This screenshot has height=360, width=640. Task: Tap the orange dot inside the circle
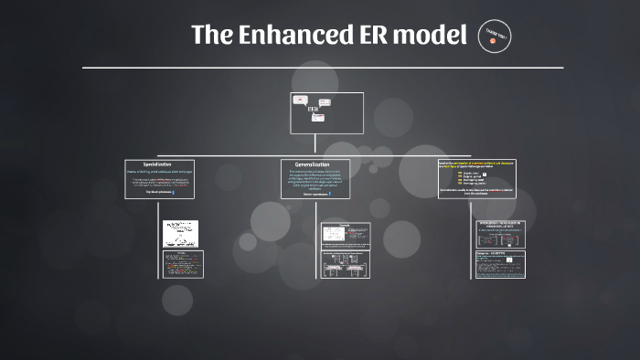(x=494, y=42)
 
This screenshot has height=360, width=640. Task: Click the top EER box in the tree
(x=327, y=112)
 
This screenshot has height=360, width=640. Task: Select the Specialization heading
(x=161, y=164)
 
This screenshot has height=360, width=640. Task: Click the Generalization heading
(x=315, y=164)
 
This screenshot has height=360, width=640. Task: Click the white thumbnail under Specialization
(x=180, y=234)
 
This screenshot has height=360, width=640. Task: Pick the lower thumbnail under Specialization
(x=183, y=264)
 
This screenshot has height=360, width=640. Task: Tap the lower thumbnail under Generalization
(x=344, y=264)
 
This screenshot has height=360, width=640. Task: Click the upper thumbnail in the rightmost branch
(x=501, y=234)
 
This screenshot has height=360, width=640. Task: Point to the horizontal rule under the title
(x=322, y=68)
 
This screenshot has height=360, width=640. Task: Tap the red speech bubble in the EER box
(x=300, y=100)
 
